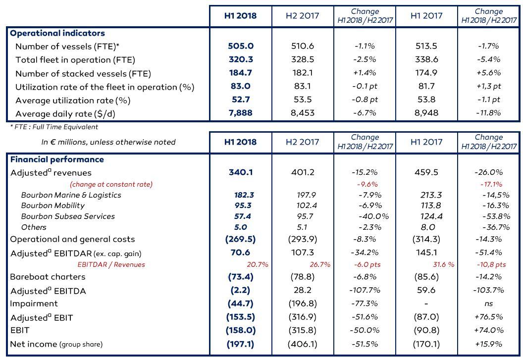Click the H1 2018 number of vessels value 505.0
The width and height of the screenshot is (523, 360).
[241, 46]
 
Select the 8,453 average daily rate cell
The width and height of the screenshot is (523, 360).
[303, 113]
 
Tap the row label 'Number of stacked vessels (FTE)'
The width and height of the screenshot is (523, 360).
[83, 73]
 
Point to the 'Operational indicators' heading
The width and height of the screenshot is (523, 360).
[57, 33]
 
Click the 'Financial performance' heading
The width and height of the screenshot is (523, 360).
[57, 159]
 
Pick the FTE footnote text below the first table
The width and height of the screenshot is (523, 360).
[54, 127]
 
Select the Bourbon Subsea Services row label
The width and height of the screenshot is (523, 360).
[68, 216]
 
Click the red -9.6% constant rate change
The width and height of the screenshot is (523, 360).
[367, 184]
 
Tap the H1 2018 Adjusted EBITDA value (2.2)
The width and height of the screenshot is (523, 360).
[240, 290]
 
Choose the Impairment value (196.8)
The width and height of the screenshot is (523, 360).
[303, 304]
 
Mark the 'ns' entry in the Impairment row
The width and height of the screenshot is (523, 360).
[488, 304]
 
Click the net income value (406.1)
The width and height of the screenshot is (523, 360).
[303, 344]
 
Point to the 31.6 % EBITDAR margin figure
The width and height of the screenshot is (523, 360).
[444, 264]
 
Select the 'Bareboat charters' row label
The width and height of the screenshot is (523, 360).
[48, 277]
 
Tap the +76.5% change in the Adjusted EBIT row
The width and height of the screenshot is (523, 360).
[488, 317]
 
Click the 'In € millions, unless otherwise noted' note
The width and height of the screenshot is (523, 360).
[108, 142]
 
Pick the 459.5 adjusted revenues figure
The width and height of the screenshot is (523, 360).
[426, 172]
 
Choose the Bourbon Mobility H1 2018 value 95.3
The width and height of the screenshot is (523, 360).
[243, 206]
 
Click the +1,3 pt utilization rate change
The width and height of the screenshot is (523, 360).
[489, 86]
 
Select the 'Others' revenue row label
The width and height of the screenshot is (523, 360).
[34, 227]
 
